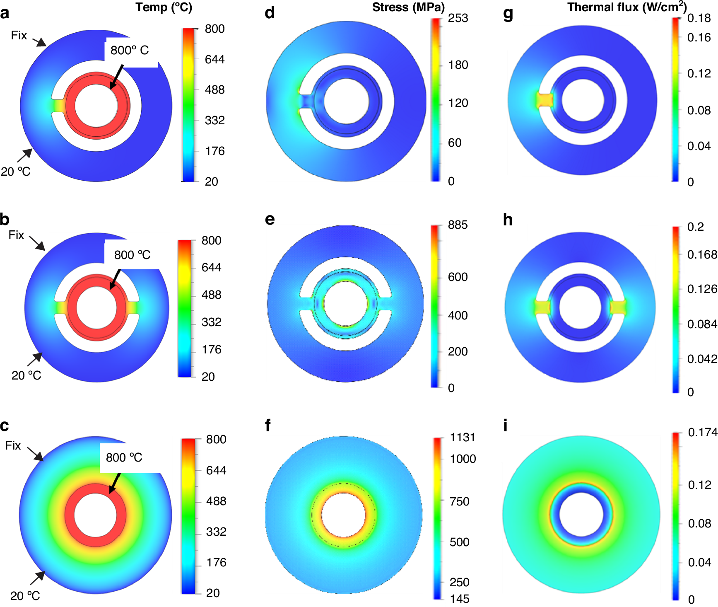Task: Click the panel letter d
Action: [270, 13]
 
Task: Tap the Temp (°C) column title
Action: [164, 7]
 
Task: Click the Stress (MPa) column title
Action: [408, 7]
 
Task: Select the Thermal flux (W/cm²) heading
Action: [626, 7]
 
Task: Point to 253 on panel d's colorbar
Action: [458, 18]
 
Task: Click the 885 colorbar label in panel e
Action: [458, 225]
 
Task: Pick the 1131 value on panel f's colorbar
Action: [463, 438]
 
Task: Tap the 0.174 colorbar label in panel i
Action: [702, 433]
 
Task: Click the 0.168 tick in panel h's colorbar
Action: [702, 254]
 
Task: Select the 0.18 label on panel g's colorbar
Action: [699, 18]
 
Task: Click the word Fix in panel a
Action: [19, 36]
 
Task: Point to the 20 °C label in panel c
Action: [25, 596]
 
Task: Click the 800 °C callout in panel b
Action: [133, 255]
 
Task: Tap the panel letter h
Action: [508, 220]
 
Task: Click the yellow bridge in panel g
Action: [545, 100]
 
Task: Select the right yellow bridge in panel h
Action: [618, 307]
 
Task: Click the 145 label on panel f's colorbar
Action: [460, 599]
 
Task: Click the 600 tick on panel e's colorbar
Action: [458, 277]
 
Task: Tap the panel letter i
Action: [505, 426]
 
